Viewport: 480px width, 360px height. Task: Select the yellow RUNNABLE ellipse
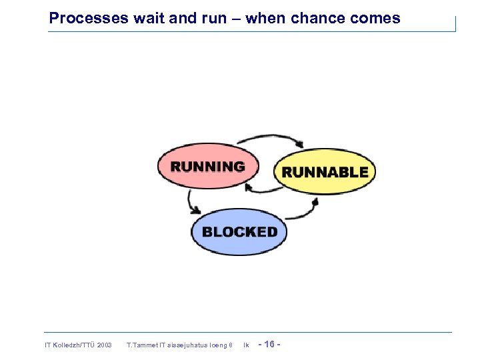(x=325, y=172)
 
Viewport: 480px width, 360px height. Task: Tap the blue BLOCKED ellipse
(x=239, y=232)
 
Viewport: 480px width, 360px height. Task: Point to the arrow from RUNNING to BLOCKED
(x=191, y=201)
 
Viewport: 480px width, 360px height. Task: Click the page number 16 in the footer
(x=269, y=344)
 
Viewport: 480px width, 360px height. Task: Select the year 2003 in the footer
(x=104, y=345)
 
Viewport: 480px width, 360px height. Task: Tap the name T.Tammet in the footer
(x=141, y=345)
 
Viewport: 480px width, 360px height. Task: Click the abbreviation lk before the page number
(x=246, y=345)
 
